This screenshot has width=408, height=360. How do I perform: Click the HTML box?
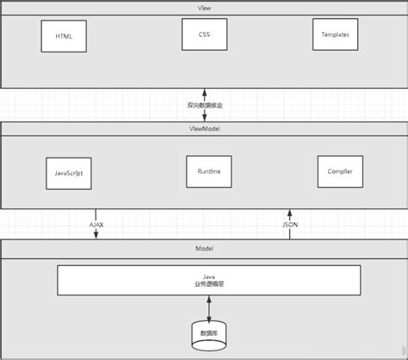(64, 36)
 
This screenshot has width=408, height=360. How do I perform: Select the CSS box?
(204, 34)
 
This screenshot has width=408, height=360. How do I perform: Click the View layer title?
(204, 7)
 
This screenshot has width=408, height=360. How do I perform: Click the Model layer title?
(204, 248)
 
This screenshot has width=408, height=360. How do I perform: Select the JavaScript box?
(68, 172)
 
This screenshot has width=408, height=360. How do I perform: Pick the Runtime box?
(204, 171)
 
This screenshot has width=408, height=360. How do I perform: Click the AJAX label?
(96, 224)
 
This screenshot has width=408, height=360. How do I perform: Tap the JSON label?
(290, 224)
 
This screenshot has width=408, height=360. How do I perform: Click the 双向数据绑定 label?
(204, 104)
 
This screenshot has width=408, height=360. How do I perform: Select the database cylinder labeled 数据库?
(209, 332)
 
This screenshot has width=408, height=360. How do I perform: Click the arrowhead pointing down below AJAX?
(96, 237)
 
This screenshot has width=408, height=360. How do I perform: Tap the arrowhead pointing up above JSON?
(290, 212)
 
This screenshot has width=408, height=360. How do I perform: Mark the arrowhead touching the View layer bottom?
(204, 90)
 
